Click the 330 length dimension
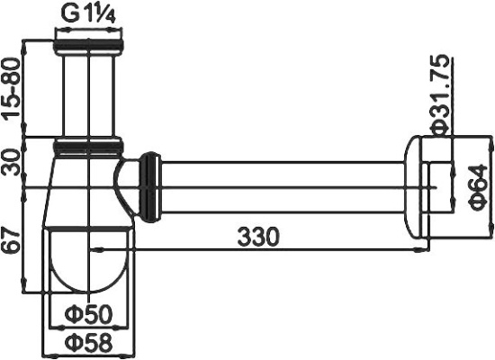coord(258,237)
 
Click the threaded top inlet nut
coord(89,41)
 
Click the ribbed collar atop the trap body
coord(89,143)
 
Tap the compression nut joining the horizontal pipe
coord(150,186)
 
